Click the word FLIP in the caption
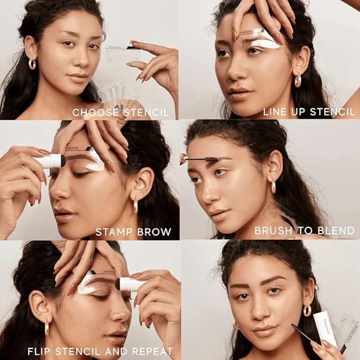click(38, 351)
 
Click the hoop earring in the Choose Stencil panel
click(31, 64)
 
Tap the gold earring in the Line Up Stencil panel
click(297, 81)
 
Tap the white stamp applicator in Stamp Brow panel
click(51, 161)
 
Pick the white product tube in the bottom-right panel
click(324, 329)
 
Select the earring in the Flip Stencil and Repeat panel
click(47, 328)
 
